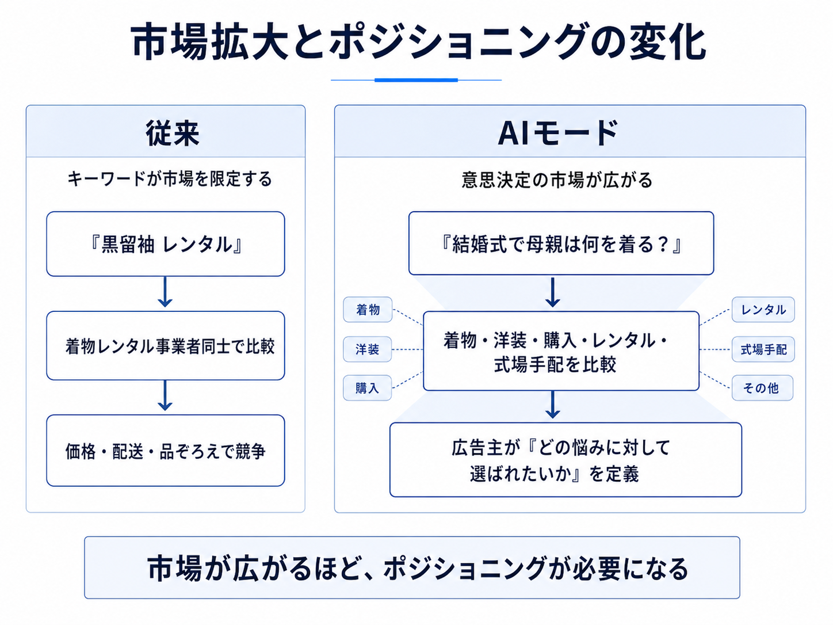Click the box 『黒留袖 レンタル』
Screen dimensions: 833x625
pyautogui.click(x=166, y=244)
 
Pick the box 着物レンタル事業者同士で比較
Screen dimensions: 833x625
pyautogui.click(x=166, y=346)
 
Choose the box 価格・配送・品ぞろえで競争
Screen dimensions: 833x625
pyautogui.click(x=166, y=451)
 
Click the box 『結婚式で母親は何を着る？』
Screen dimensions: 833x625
pyautogui.click(x=561, y=243)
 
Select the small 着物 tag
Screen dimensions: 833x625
pyautogui.click(x=368, y=310)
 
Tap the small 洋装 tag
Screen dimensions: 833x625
pyautogui.click(x=368, y=349)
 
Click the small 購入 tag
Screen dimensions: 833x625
pyautogui.click(x=368, y=388)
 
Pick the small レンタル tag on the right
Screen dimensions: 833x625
pyautogui.click(x=763, y=310)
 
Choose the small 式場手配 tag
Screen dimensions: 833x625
pyautogui.click(x=763, y=349)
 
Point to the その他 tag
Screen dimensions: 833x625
pyautogui.click(x=762, y=388)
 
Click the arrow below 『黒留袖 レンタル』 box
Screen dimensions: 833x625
pyautogui.click(x=165, y=292)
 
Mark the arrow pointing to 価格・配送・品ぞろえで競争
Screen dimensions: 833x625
pyautogui.click(x=165, y=395)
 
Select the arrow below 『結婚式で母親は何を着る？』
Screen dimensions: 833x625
pyautogui.click(x=552, y=292)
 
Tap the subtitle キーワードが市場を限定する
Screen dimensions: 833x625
pyautogui.click(x=170, y=179)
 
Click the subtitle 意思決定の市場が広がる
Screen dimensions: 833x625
pyautogui.click(x=557, y=180)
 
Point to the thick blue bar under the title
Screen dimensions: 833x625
pyautogui.click(x=416, y=80)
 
